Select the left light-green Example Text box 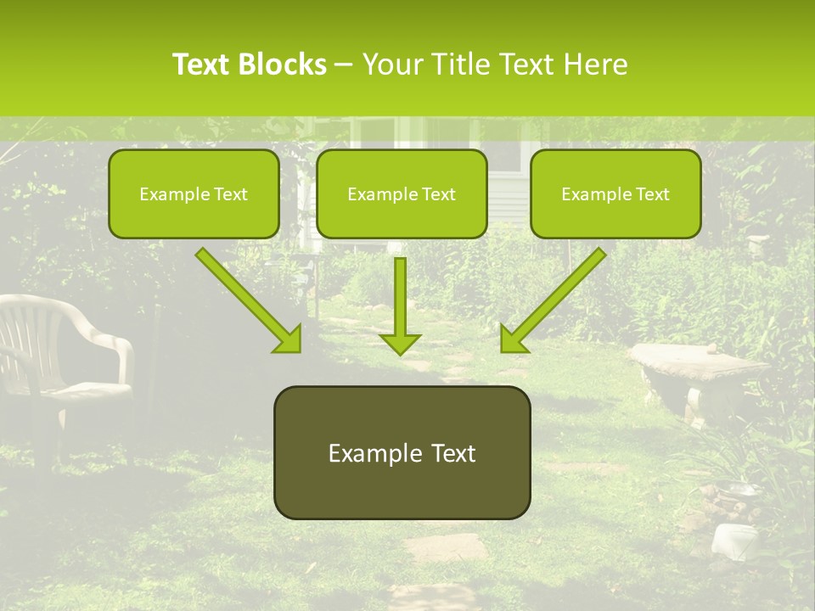pos(194,193)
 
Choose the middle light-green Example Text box pos(402,193)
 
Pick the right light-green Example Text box pos(615,193)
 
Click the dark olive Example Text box pos(402,452)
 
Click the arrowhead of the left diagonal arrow pos(289,339)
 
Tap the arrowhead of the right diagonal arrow pos(512,339)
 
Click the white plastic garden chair pos(59,356)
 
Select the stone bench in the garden pos(696,369)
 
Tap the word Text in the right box pos(652,193)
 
